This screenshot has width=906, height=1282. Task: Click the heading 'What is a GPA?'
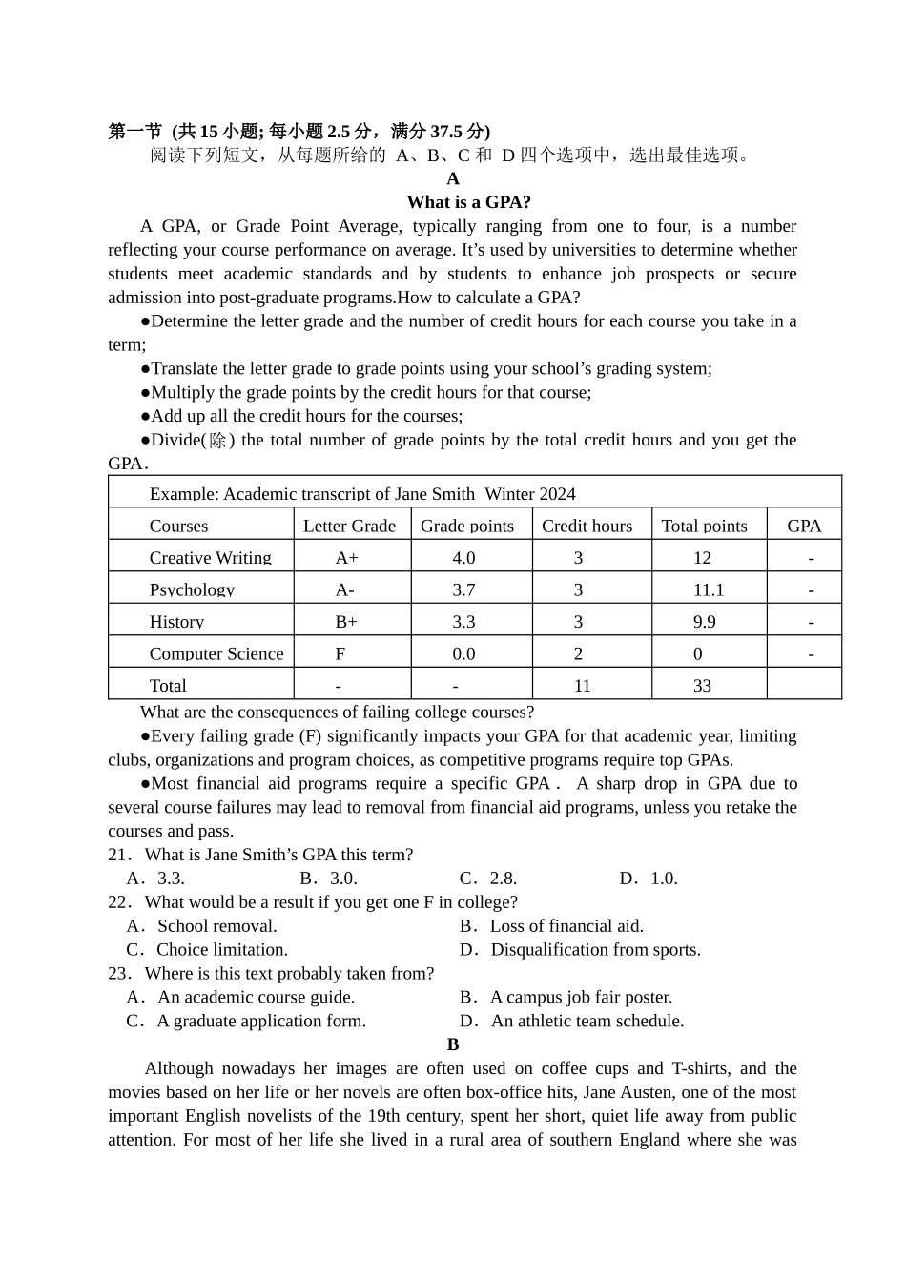[468, 202]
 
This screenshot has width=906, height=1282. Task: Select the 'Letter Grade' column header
[349, 526]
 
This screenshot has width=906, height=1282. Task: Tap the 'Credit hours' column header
[587, 526]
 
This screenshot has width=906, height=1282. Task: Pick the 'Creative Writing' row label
[210, 558]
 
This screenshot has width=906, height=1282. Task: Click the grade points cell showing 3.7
[463, 589]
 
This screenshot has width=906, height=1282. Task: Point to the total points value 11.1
[708, 589]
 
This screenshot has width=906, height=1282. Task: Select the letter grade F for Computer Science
[340, 653]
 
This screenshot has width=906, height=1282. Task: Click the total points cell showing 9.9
[704, 622]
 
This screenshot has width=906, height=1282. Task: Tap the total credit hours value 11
[582, 685]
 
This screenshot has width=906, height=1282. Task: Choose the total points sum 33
[702, 685]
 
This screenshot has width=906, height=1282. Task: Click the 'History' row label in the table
[176, 622]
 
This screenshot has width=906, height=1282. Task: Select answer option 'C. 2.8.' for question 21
[488, 879]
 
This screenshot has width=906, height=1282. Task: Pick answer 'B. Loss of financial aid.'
[552, 926]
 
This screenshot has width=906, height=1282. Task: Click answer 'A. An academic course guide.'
[241, 997]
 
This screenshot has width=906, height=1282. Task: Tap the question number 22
[117, 902]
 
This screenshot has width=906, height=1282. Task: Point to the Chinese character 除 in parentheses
[218, 440]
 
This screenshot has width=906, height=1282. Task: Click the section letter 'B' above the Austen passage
[453, 1044]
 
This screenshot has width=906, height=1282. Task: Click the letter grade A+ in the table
[346, 558]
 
